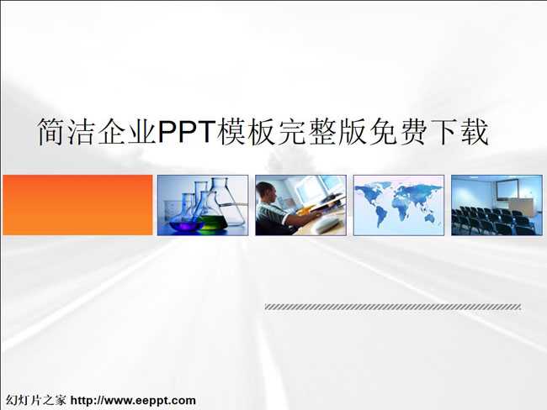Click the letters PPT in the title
(x=186, y=132)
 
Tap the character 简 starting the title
(x=51, y=132)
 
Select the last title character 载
(x=474, y=132)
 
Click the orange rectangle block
(x=77, y=205)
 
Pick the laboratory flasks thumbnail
(x=203, y=205)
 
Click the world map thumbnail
(x=399, y=205)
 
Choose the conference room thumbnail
(x=497, y=205)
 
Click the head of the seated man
(x=266, y=193)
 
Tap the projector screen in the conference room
(x=507, y=189)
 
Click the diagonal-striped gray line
(x=393, y=307)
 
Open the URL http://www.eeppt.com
(x=133, y=400)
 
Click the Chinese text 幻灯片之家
(x=35, y=400)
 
